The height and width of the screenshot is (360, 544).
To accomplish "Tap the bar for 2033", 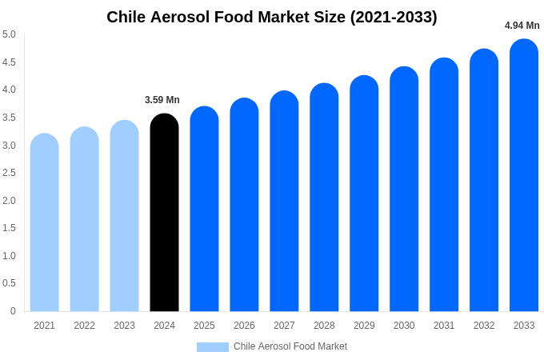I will click(x=524, y=175).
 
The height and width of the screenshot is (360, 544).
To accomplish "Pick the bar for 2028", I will click(x=324, y=198).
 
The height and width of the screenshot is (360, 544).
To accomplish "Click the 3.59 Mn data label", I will click(x=162, y=100).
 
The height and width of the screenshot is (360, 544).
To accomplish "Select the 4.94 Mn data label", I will click(x=522, y=26).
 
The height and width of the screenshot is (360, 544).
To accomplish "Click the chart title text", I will click(x=272, y=17).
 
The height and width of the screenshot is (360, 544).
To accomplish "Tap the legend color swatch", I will click(x=213, y=347).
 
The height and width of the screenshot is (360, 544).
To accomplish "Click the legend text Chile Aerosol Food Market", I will click(x=290, y=346).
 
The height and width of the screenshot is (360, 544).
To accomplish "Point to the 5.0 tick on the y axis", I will click(x=9, y=34).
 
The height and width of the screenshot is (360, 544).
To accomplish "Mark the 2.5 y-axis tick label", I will click(x=9, y=173).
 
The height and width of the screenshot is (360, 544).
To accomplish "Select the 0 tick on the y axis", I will click(x=13, y=311).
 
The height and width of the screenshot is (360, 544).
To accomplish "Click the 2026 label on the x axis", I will click(x=244, y=326).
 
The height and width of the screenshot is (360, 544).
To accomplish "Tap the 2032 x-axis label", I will click(x=484, y=326).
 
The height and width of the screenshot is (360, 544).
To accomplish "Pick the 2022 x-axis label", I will click(x=84, y=326).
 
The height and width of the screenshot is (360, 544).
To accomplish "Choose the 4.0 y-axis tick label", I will click(x=9, y=90).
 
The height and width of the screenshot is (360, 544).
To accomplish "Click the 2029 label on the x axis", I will click(x=364, y=326).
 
